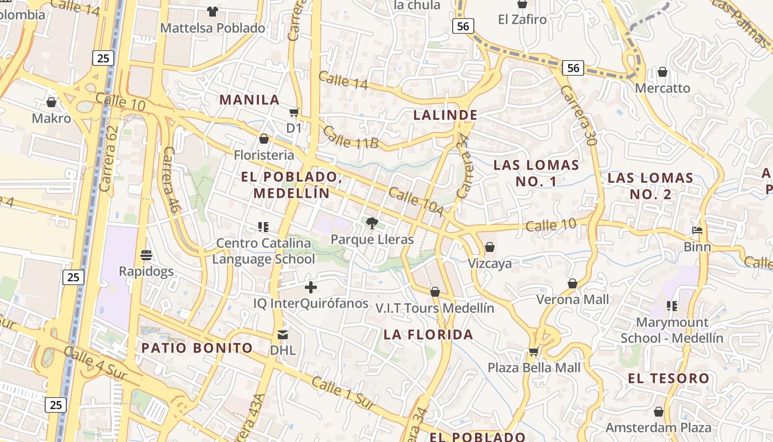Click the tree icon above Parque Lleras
[372, 223]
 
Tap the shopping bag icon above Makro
[51, 102]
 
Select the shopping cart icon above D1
[294, 112]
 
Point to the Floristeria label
[264, 155]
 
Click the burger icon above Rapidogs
[146, 255]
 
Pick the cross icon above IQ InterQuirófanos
[311, 287]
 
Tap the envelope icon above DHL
[283, 334]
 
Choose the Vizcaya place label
[490, 264]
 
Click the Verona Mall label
[573, 299]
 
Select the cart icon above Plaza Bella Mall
[533, 351]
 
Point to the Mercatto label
[662, 88]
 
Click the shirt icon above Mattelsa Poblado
[213, 11]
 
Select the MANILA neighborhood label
[250, 100]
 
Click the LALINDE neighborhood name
[445, 115]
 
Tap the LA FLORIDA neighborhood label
[428, 334]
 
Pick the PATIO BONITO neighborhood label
[197, 348]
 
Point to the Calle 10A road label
[416, 202]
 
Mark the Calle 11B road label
[350, 138]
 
